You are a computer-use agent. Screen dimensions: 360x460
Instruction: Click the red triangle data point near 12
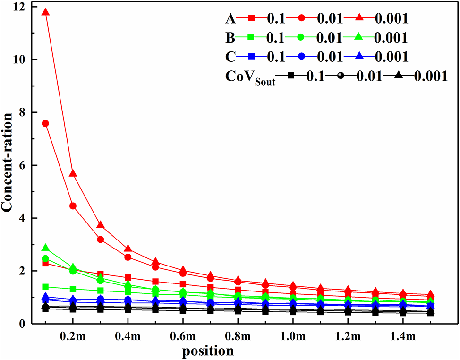tap(45, 12)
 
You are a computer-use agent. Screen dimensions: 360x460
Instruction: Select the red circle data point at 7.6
tap(45, 123)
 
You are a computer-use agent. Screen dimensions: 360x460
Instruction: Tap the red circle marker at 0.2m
tap(73, 206)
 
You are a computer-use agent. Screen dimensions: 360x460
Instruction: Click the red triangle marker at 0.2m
tap(73, 174)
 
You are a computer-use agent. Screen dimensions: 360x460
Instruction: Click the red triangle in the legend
tap(359, 18)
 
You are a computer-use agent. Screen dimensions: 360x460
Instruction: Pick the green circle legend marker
tap(305, 37)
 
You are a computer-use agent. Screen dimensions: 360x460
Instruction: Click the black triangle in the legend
tap(399, 75)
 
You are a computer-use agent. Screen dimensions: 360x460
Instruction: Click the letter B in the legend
tap(230, 37)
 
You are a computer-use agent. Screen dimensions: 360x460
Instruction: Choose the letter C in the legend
tap(230, 56)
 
